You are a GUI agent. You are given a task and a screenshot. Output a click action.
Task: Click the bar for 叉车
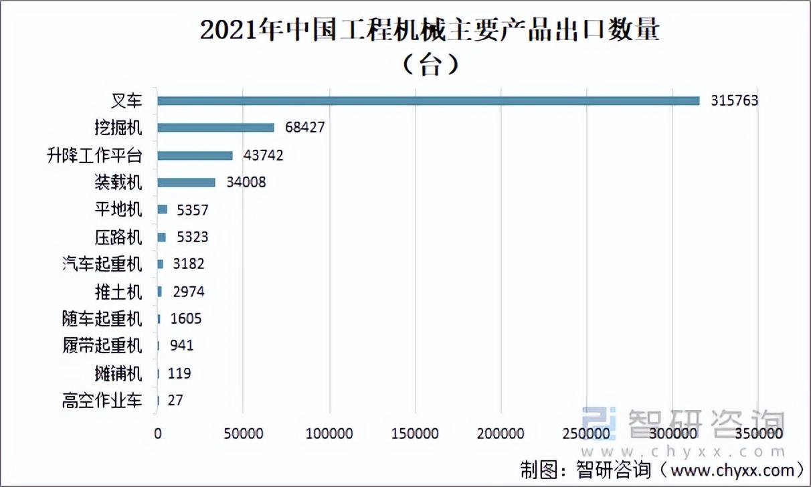pyautogui.click(x=428, y=100)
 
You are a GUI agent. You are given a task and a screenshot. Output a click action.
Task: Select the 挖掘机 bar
pyautogui.click(x=215, y=128)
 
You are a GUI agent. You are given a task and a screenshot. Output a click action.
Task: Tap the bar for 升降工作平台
pyautogui.click(x=195, y=155)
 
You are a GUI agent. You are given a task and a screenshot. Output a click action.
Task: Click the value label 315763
pyautogui.click(x=734, y=101)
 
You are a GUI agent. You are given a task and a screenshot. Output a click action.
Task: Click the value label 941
pyautogui.click(x=181, y=346)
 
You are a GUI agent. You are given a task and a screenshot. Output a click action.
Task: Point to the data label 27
pyautogui.click(x=175, y=401)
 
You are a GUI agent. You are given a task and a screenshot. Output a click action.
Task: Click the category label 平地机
pyautogui.click(x=118, y=209)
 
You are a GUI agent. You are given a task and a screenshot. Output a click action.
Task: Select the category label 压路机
pyautogui.click(x=118, y=237)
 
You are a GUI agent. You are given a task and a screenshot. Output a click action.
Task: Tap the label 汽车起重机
pyautogui.click(x=102, y=264)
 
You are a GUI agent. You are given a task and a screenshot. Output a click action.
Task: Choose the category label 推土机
pyautogui.click(x=118, y=292)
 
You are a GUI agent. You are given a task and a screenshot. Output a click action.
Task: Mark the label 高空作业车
pyautogui.click(x=102, y=401)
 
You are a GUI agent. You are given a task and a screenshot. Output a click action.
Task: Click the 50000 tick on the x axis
pyautogui.click(x=243, y=434)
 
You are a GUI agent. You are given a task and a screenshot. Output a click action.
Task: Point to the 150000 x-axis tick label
pyautogui.click(x=415, y=434)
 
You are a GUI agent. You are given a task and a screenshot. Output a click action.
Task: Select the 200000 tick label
pyautogui.click(x=501, y=434)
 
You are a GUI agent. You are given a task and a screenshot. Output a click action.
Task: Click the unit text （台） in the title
pyautogui.click(x=429, y=65)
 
